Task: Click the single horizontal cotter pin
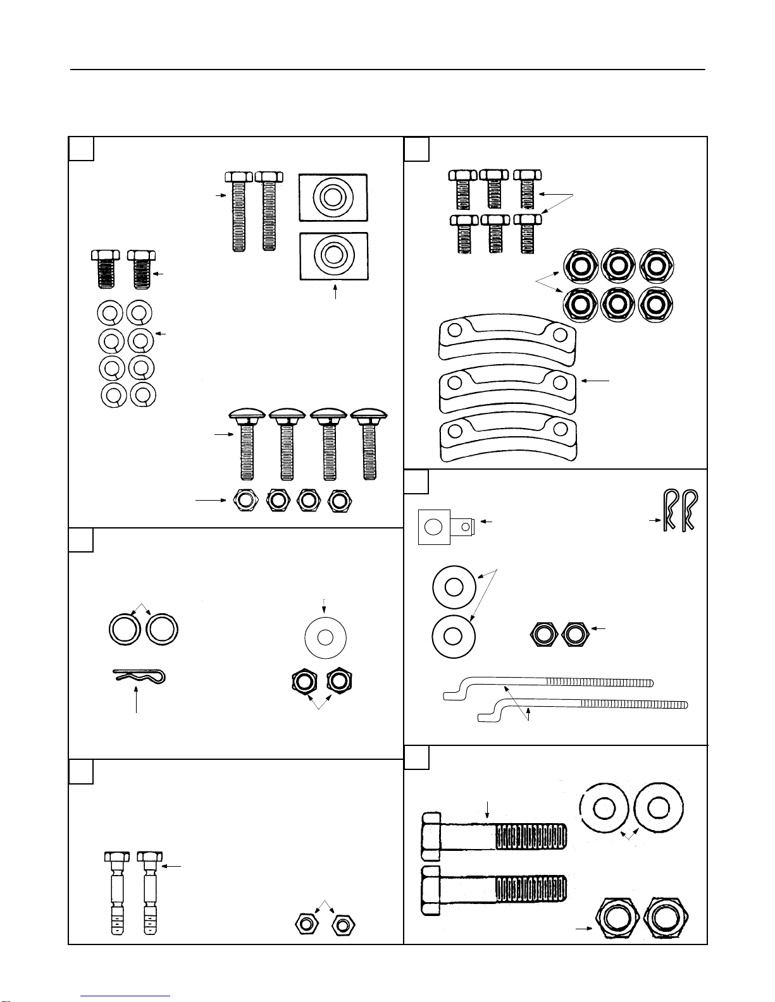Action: pyautogui.click(x=140, y=677)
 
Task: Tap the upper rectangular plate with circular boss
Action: pyautogui.click(x=333, y=197)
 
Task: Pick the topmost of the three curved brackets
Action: pyautogui.click(x=505, y=340)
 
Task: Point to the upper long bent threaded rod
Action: pyautogui.click(x=548, y=685)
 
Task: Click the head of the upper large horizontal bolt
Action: pyautogui.click(x=431, y=836)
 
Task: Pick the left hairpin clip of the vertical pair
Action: pyautogui.click(x=669, y=510)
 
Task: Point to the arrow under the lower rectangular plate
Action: pyautogui.click(x=336, y=294)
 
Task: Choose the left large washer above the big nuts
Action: pyautogui.click(x=604, y=807)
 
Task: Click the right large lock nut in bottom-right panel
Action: pyautogui.click(x=666, y=917)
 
